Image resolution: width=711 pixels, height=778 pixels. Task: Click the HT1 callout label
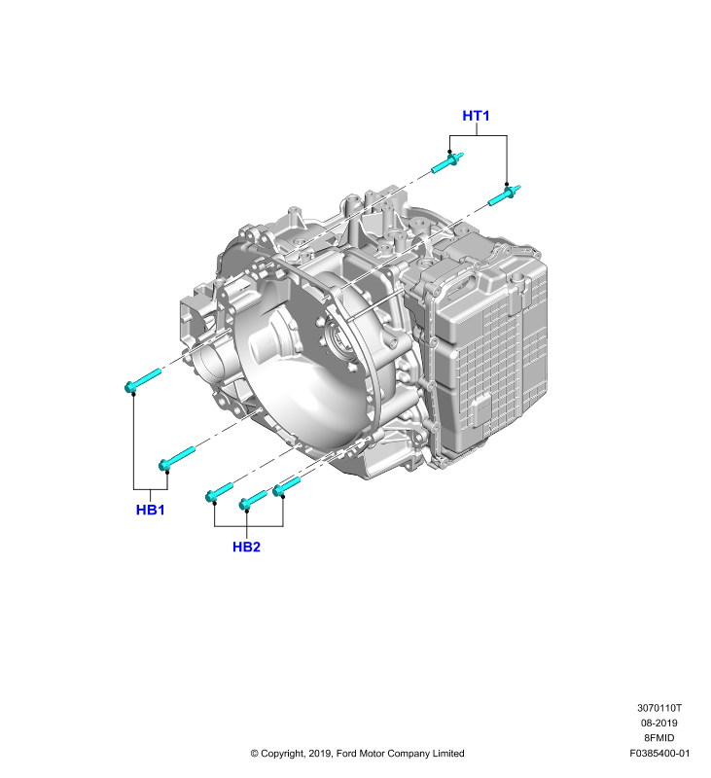[476, 116]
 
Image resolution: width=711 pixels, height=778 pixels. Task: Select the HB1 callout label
[150, 510]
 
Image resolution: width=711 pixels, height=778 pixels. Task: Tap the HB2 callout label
[246, 547]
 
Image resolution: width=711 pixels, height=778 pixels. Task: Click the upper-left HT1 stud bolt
[447, 162]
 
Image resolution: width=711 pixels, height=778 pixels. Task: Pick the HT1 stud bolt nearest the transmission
[505, 194]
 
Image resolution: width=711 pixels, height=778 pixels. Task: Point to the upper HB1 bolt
[143, 380]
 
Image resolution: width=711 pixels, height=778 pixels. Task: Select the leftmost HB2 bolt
[219, 492]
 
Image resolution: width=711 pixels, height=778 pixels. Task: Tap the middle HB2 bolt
[253, 500]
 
